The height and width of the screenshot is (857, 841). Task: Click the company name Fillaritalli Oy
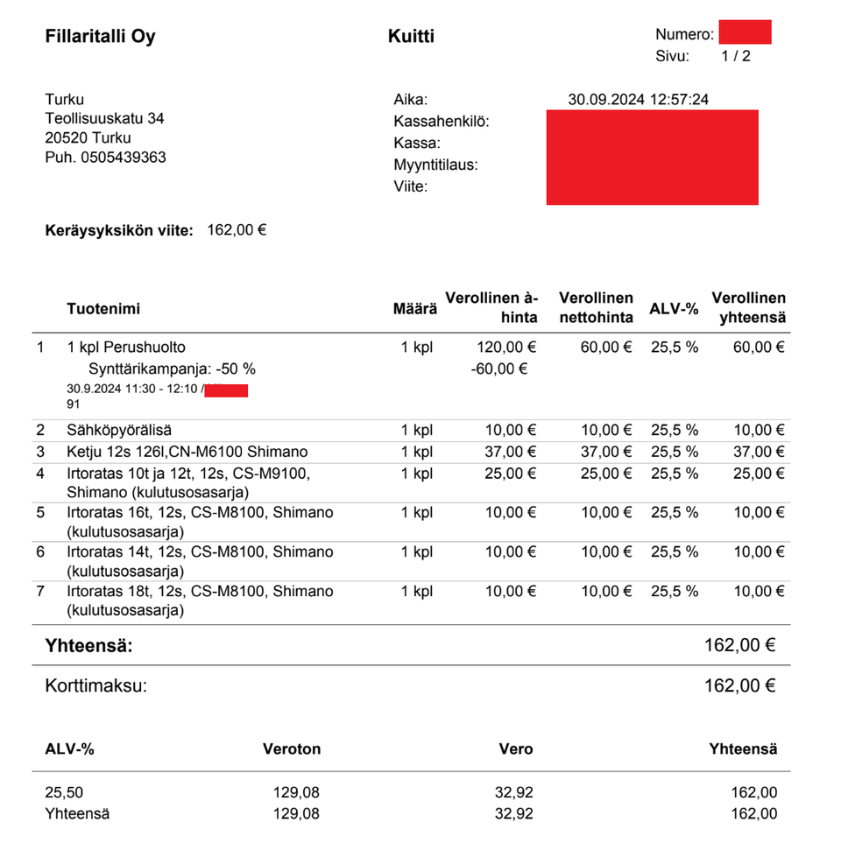(x=100, y=37)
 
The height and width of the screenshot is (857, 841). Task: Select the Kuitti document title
(x=411, y=37)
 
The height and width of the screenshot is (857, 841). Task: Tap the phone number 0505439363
(x=124, y=158)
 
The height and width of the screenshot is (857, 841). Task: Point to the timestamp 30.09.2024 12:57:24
(x=638, y=99)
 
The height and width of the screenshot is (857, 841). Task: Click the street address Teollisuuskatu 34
(x=104, y=118)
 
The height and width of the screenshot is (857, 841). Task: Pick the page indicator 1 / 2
(x=736, y=56)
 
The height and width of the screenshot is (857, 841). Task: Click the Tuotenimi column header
(x=103, y=309)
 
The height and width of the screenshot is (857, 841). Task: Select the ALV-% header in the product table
(x=674, y=309)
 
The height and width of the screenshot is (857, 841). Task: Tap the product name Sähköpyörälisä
(x=119, y=430)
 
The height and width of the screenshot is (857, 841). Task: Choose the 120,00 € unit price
(x=506, y=348)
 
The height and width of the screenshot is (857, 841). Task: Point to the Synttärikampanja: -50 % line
(x=172, y=369)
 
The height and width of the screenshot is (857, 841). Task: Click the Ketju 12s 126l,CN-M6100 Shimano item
(x=187, y=452)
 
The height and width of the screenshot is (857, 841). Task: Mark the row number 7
(x=40, y=592)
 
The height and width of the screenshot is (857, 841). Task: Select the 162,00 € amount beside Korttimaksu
(x=739, y=685)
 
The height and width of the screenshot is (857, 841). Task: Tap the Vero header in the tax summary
(x=515, y=749)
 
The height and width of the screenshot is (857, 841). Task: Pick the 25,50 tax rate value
(x=64, y=793)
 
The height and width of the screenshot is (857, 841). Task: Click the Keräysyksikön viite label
(x=118, y=231)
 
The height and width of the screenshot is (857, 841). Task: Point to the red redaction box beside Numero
(x=745, y=32)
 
